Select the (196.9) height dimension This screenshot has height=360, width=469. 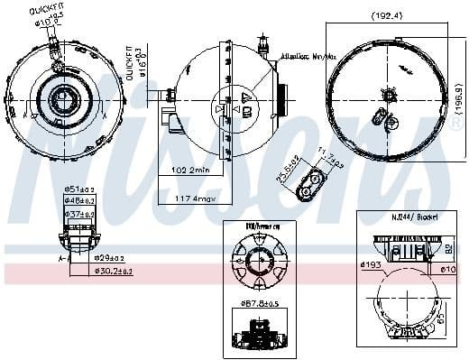(459, 92)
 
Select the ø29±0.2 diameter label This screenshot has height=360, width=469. (110, 259)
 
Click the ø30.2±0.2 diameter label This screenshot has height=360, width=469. (112, 270)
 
